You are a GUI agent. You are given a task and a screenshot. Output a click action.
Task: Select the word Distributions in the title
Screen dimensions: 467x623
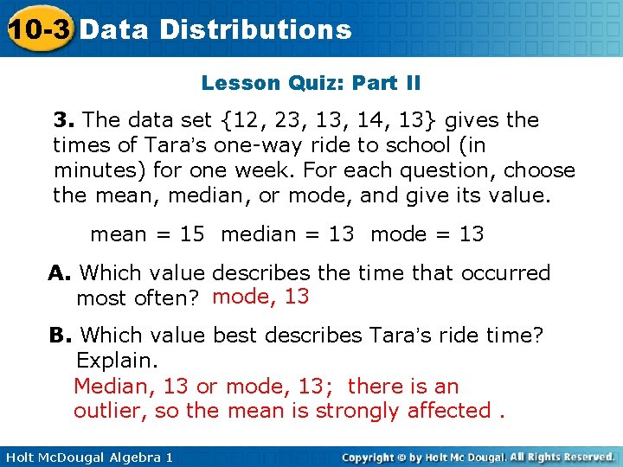255,30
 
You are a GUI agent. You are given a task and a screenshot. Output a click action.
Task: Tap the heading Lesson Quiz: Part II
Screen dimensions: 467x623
311,83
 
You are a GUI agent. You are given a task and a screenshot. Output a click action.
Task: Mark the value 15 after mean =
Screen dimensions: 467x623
192,234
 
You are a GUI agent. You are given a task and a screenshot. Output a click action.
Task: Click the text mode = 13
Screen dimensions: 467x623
427,234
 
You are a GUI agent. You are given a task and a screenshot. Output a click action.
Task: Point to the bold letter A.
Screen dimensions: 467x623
60,273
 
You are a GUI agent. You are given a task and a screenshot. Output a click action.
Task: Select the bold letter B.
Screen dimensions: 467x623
60,335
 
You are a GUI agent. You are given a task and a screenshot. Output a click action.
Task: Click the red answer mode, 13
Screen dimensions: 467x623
260,297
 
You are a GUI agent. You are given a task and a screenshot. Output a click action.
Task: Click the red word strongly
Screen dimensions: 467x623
357,411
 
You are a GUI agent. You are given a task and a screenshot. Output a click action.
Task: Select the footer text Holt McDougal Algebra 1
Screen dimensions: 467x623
87,457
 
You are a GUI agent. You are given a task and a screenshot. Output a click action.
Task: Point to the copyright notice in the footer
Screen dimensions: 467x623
478,457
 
